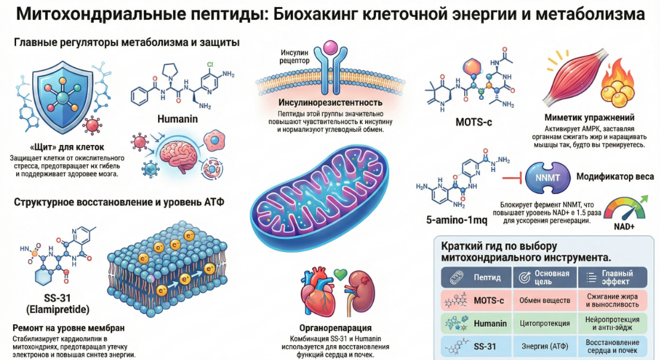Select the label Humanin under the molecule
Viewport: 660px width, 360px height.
point(177,118)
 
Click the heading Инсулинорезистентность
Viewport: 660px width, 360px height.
point(330,103)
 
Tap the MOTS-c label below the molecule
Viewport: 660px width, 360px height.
point(473,122)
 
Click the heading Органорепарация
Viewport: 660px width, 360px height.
point(336,328)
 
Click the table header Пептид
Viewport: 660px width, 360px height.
point(487,278)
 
